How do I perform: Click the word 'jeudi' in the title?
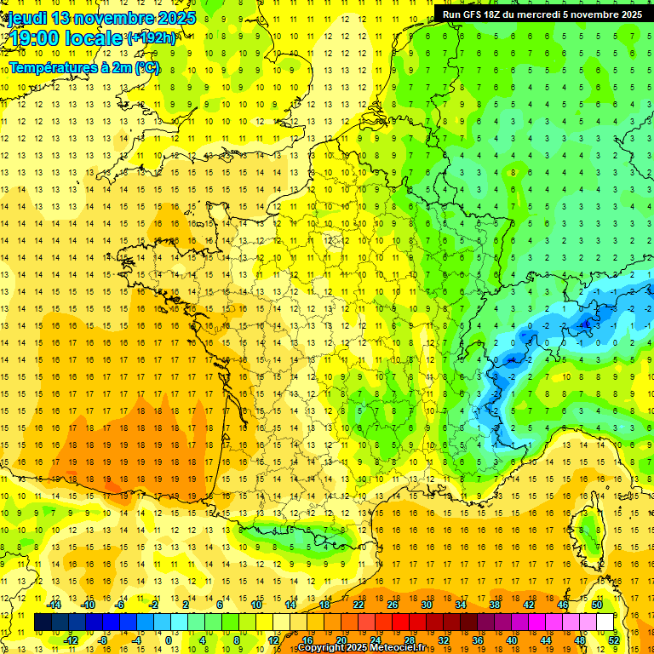[x=27, y=18]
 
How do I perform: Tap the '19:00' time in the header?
[x=35, y=38]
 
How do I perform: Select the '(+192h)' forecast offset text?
[x=152, y=38]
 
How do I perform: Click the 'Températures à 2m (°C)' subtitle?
[x=83, y=67]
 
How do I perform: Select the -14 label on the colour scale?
[x=54, y=604]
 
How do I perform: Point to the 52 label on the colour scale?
[x=614, y=640]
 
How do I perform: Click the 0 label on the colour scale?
[x=168, y=640]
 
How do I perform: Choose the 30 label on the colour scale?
[x=426, y=604]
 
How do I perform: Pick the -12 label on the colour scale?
[x=72, y=640]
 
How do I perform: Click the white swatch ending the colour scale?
[x=605, y=622]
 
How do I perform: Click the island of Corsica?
[x=588, y=528]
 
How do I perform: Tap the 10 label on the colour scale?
[x=255, y=604]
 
